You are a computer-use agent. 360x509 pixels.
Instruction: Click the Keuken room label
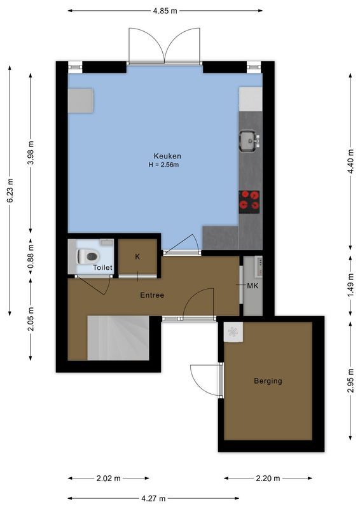point(167,156)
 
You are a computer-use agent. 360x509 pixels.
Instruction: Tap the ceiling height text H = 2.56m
point(164,165)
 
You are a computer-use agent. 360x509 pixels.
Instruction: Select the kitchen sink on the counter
point(248,140)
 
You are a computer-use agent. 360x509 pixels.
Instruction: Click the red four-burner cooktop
point(249,200)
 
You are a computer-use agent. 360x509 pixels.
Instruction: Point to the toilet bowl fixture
point(87,256)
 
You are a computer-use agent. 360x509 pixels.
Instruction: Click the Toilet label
point(102,268)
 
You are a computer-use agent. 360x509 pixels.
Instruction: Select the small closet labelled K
point(138,256)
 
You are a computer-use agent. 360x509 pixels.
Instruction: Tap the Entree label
point(152,295)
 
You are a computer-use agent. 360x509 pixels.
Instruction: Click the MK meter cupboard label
point(253,286)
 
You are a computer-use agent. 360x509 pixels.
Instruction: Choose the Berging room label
point(268,381)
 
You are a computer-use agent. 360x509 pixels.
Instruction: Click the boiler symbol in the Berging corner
point(232,331)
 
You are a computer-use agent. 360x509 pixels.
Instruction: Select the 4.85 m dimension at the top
point(165,11)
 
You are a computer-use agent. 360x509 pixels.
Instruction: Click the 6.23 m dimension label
point(10,190)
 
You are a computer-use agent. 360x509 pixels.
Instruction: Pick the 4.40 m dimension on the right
point(351,162)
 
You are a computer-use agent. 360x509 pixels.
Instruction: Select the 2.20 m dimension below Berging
point(267,478)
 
